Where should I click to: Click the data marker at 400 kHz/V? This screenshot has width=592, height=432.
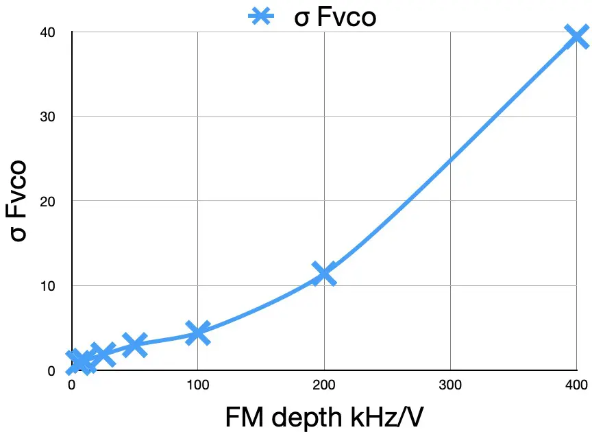[576, 36]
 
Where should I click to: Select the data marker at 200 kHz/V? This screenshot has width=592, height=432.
[323, 274]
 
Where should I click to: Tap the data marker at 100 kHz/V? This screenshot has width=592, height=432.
[197, 333]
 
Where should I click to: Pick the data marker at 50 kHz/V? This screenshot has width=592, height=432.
[134, 345]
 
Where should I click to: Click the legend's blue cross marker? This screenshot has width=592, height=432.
[267, 16]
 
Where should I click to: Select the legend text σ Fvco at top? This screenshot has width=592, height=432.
[335, 16]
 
